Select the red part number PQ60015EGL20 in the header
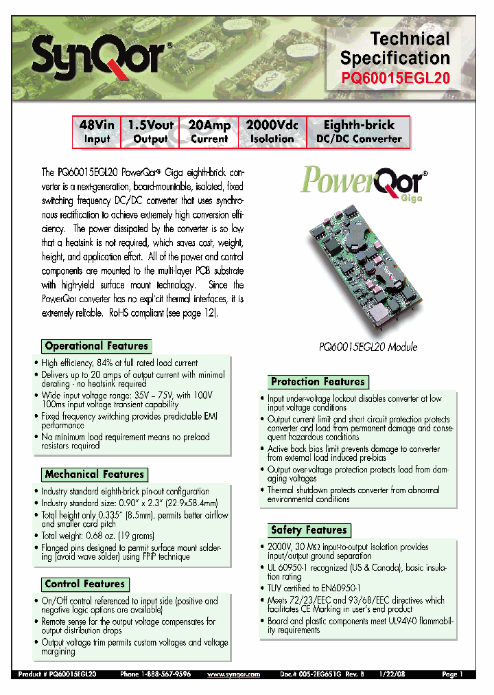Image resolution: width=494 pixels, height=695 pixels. pos(395,78)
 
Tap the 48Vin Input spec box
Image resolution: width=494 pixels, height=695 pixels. pos(97,132)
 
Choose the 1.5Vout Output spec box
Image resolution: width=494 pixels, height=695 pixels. pos(150,132)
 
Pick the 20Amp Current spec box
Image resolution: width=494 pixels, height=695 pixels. pos(209,132)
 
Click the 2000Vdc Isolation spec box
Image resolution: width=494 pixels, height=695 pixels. pos(272,132)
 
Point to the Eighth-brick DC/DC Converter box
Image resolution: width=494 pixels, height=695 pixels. pos(359,132)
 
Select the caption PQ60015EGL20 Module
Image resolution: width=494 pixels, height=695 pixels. pos(368,347)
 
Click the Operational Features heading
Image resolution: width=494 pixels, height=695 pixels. pos(96,346)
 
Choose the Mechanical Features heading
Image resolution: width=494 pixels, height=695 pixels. pos(95,475)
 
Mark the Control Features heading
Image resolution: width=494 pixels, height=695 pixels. pos(85,584)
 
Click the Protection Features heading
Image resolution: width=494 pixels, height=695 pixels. pos(318,382)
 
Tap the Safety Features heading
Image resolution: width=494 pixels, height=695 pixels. pos(309,530)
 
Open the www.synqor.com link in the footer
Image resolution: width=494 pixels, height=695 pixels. pos(233,675)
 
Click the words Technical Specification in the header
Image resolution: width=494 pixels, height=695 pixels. pos(395,48)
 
